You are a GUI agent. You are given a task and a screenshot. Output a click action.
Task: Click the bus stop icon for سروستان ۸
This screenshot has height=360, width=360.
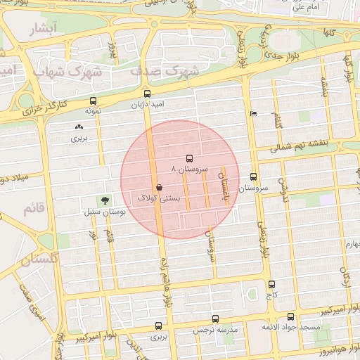tap(188, 159)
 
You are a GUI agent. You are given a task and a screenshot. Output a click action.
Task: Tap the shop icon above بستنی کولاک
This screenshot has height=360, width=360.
tap(160, 188)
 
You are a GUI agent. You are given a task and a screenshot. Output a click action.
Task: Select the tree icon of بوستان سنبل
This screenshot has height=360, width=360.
tap(105, 200)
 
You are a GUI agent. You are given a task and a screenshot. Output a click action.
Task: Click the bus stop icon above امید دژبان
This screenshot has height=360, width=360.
tap(147, 94)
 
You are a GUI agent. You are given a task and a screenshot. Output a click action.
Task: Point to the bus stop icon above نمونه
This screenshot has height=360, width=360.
tap(94, 101)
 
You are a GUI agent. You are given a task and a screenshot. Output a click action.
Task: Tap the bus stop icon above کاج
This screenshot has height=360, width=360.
tap(272, 284)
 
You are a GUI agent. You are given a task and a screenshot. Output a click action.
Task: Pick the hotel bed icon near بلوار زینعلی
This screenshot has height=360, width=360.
tap(253, 114)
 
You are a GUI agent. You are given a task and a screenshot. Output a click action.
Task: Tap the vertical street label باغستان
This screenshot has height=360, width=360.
tap(226, 186)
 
